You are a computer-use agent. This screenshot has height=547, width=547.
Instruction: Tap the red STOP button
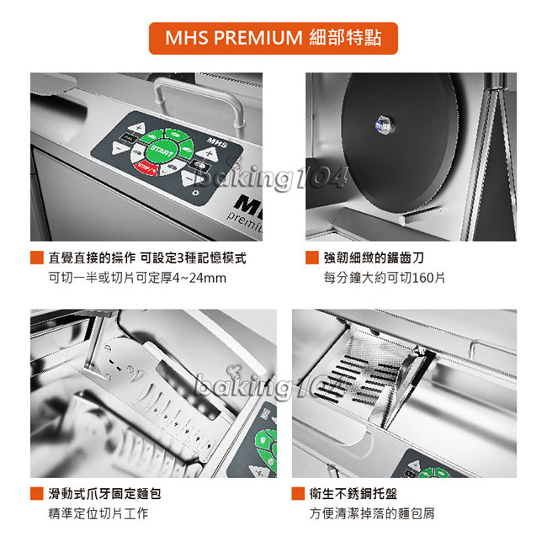pos(146,168)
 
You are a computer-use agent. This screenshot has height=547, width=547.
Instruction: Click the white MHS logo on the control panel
pos(217,143)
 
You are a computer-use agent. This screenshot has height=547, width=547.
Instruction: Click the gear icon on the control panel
pos(196,193)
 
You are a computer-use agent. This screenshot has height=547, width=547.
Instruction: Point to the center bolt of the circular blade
pos(383,125)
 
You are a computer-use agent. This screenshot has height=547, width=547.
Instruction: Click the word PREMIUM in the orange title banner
pos(258,38)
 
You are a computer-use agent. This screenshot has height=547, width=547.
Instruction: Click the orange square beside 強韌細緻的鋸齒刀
pos(312,258)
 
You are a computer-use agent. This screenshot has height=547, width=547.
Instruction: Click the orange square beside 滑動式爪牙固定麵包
pos(37,494)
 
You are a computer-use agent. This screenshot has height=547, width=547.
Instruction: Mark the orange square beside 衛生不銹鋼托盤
pos(298,494)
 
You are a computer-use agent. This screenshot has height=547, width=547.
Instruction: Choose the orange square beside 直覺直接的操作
pos(37,258)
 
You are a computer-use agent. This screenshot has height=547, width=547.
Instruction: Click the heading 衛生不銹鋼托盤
pos(353,494)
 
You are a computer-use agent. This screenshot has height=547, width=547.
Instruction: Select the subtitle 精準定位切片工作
pos(98,513)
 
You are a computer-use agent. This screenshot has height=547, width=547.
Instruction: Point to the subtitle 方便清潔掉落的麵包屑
pos(372,513)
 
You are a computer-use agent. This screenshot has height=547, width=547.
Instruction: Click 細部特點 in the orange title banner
pos(345,38)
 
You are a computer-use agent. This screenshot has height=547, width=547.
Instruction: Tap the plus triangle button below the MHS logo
pos(208,153)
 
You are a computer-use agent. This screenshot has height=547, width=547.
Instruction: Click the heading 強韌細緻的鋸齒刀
pos(374,258)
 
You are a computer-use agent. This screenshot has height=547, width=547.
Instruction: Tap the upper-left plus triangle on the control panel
pos(136,127)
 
